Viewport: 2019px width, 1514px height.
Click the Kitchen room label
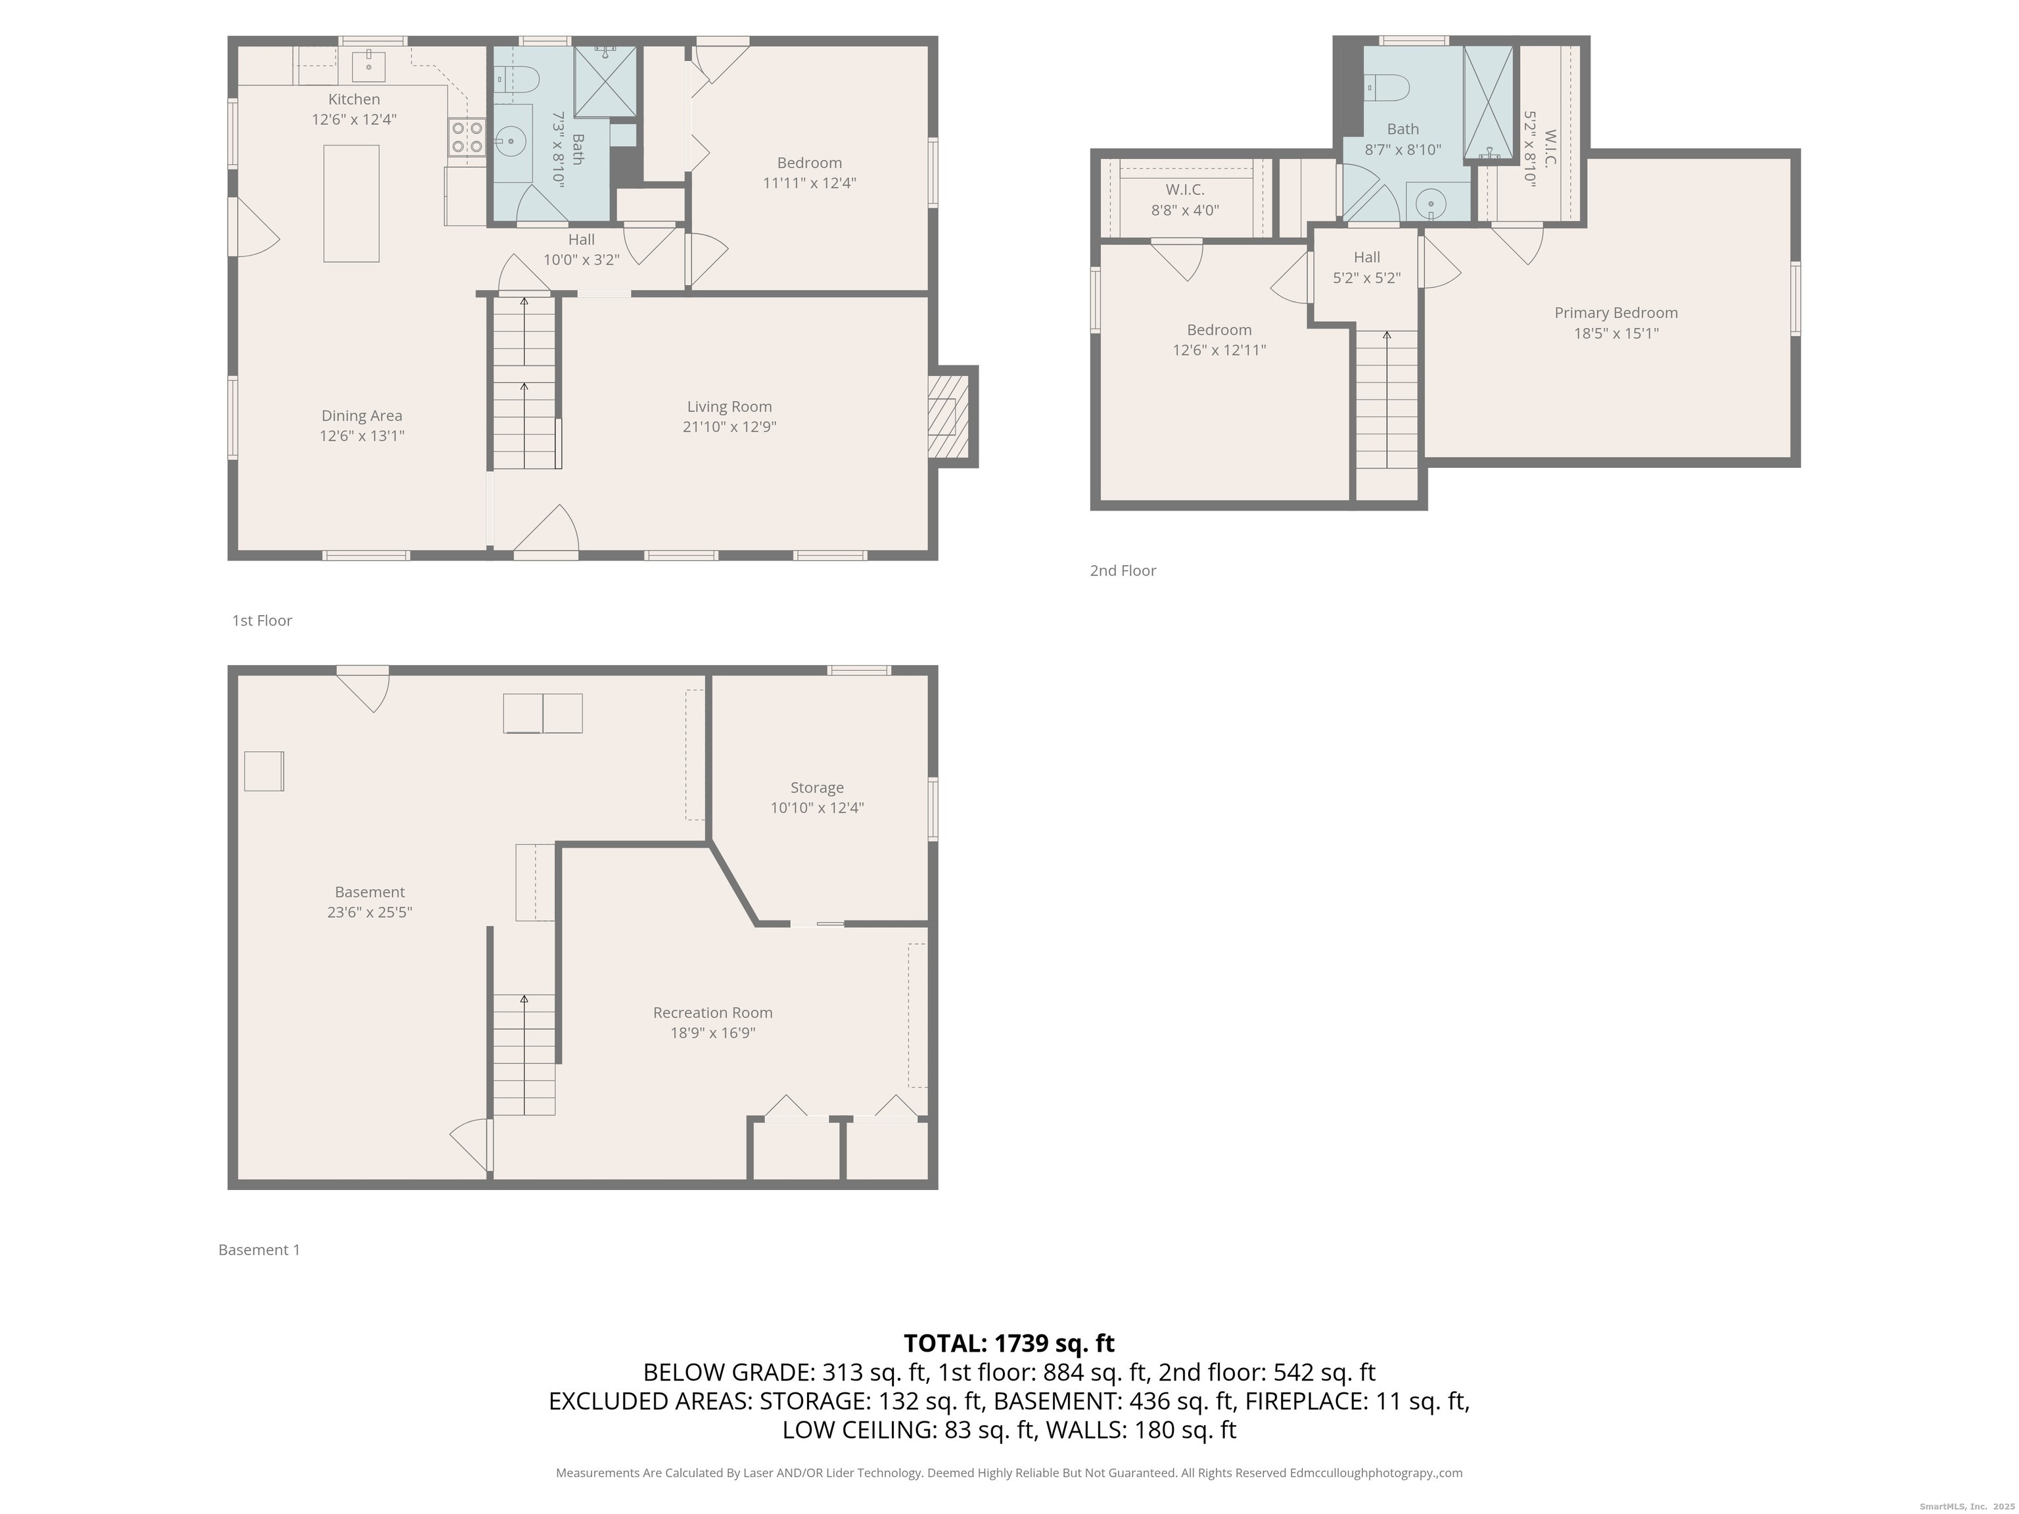point(354,99)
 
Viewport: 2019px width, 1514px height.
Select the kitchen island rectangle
point(352,204)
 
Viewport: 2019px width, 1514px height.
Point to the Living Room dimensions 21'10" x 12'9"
point(730,426)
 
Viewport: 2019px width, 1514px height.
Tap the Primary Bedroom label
point(1615,313)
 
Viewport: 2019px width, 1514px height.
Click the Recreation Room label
point(713,1012)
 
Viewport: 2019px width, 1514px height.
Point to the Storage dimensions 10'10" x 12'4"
point(817,808)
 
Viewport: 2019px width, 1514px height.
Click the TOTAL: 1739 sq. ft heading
point(1009,1343)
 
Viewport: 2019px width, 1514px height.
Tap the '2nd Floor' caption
point(1123,570)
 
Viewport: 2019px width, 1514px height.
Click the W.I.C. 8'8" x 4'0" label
point(1185,200)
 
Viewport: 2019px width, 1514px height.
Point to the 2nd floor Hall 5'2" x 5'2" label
point(1366,267)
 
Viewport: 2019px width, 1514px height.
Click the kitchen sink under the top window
point(369,66)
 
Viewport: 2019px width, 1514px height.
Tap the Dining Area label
point(361,416)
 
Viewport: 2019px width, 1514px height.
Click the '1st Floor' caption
point(262,620)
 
